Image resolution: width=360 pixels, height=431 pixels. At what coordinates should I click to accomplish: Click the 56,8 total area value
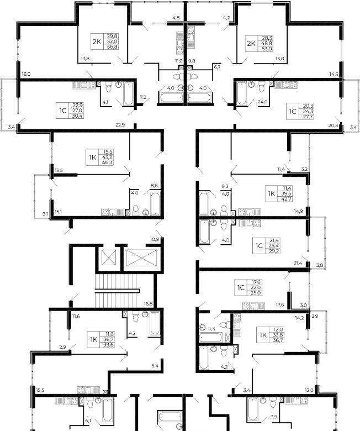(x=112, y=47)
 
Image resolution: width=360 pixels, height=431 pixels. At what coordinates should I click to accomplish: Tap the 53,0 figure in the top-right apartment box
(x=267, y=49)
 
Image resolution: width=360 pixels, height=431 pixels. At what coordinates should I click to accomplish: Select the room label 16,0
(x=26, y=74)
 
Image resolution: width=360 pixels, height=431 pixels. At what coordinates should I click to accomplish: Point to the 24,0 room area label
(x=262, y=102)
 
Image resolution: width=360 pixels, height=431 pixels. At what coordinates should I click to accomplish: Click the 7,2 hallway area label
(x=143, y=97)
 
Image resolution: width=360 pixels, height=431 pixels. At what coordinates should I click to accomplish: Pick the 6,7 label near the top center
(x=217, y=66)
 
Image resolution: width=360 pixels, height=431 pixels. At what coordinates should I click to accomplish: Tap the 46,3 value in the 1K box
(x=108, y=162)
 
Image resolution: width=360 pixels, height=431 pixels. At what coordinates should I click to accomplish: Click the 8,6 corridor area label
(x=154, y=186)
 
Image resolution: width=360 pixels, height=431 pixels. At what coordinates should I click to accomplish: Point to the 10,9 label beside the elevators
(x=154, y=239)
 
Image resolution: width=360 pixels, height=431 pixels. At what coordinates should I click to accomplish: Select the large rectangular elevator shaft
(x=142, y=258)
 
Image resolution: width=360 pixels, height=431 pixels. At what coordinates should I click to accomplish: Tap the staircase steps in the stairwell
(x=116, y=291)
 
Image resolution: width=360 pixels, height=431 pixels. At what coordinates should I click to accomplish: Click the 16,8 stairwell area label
(x=149, y=304)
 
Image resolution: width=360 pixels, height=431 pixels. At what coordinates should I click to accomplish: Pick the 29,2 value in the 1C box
(x=275, y=251)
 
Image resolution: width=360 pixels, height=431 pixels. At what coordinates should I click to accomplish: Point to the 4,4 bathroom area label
(x=211, y=328)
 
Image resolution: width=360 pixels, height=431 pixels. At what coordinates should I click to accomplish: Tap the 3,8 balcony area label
(x=320, y=265)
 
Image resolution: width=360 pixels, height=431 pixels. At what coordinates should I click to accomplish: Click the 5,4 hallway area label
(x=155, y=366)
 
